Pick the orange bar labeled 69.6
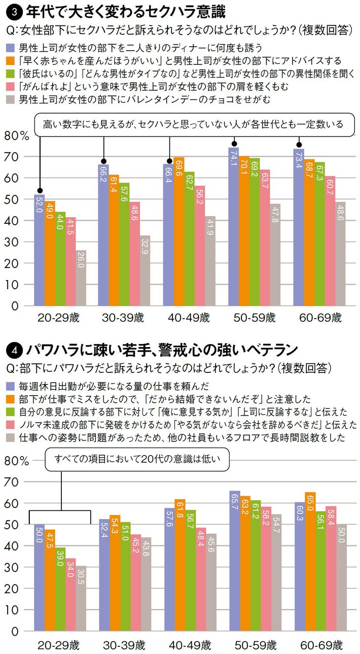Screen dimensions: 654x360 coord(179,231)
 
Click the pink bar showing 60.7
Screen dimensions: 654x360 coord(330,241)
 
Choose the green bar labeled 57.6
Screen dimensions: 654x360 coord(124,244)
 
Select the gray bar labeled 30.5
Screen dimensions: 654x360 coord(81,598)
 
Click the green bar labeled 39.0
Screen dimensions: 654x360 coord(60,589)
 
